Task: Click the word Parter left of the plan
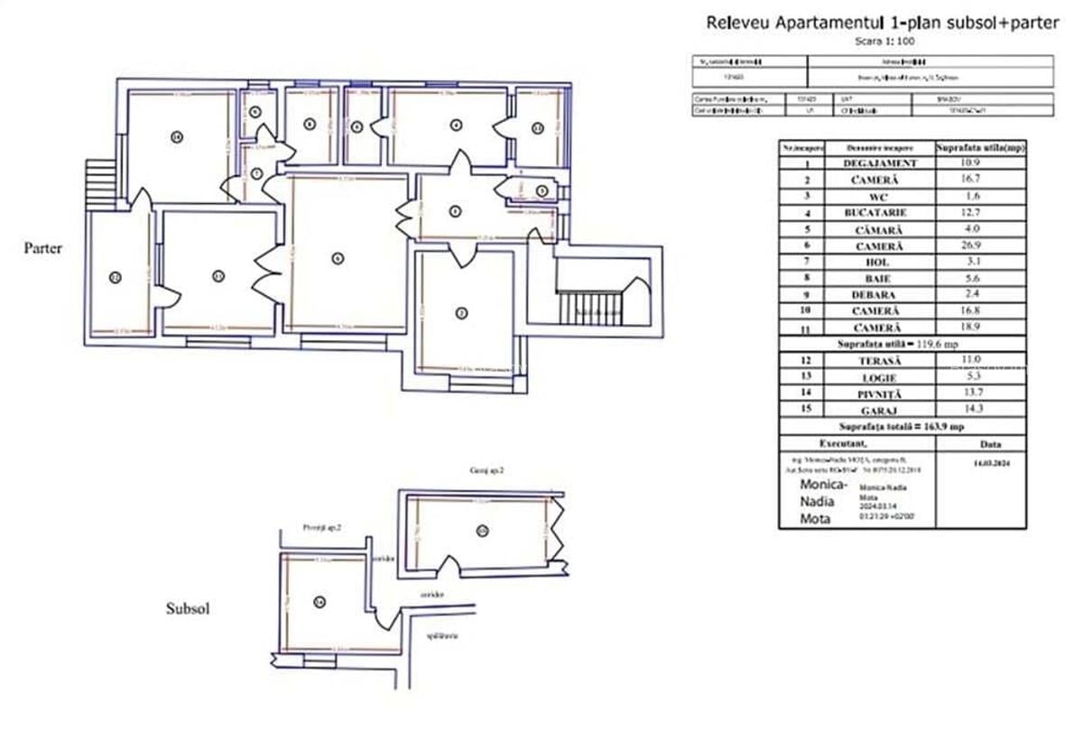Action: point(43,248)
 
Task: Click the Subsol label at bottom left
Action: point(188,609)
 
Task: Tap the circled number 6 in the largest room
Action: point(338,258)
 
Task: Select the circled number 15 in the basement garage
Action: point(483,531)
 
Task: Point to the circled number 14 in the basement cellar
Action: point(319,602)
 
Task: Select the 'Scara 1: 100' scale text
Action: point(882,42)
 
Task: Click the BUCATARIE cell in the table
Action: point(880,213)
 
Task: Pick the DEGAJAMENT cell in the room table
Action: point(880,163)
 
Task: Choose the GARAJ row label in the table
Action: point(880,410)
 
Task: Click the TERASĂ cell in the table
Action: point(880,361)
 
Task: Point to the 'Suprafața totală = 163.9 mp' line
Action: point(902,426)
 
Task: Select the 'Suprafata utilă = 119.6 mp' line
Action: point(902,344)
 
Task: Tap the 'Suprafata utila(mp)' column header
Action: point(980,147)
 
